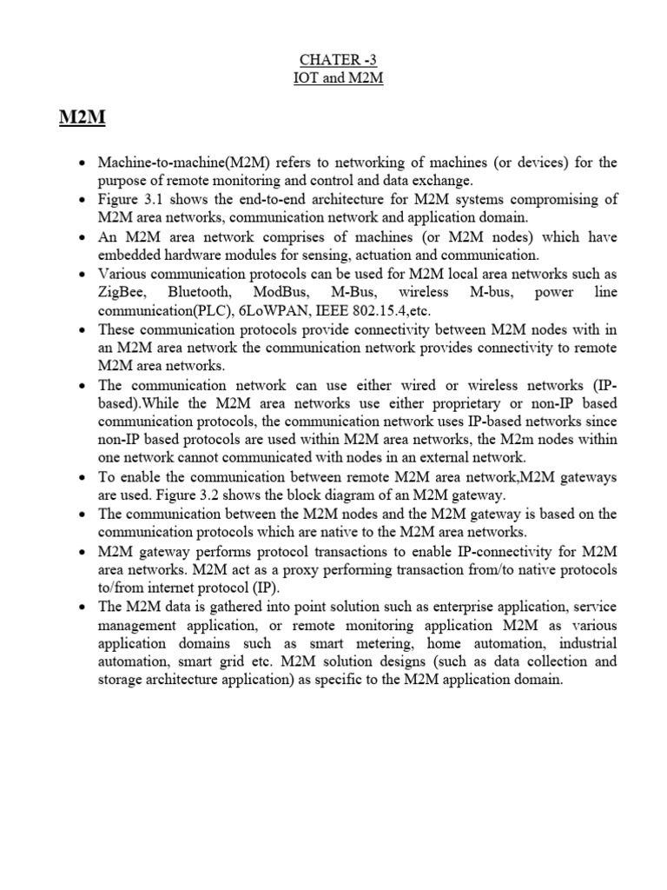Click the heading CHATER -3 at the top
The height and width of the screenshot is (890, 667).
pyautogui.click(x=333, y=60)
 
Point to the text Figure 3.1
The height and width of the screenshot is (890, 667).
pyautogui.click(x=129, y=200)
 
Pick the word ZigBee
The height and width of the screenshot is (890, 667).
pyautogui.click(x=122, y=291)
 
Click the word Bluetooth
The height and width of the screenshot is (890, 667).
pyautogui.click(x=202, y=291)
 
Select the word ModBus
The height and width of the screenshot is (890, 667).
pyautogui.click(x=282, y=291)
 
